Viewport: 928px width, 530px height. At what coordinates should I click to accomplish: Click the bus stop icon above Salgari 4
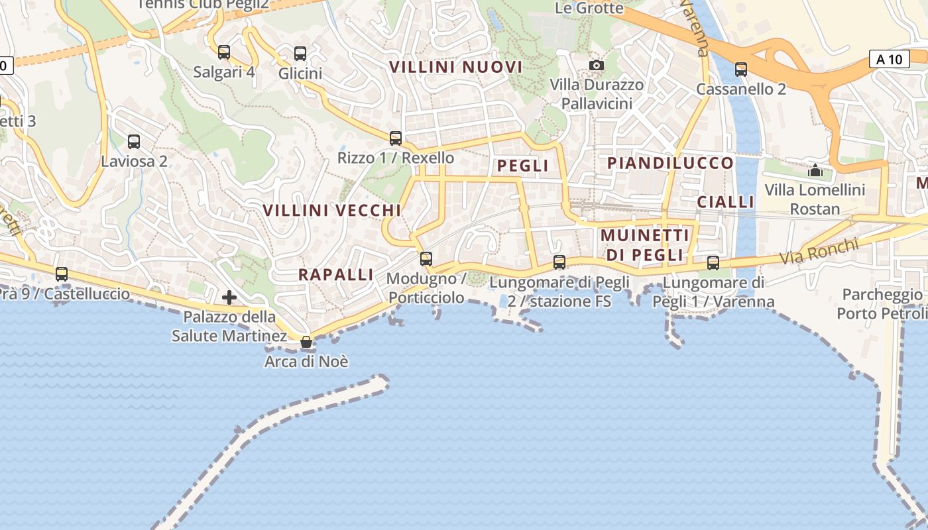tap(224, 52)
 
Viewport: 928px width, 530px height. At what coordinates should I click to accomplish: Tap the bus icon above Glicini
tap(300, 54)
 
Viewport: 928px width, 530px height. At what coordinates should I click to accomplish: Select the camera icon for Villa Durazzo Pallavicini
tap(597, 65)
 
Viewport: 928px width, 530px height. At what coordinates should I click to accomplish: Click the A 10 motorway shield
tap(889, 59)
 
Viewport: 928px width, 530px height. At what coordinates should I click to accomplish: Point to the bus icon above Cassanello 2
tap(741, 69)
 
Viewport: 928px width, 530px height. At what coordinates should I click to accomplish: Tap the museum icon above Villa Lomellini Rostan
tap(815, 170)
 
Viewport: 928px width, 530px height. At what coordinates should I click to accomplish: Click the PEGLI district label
tap(523, 166)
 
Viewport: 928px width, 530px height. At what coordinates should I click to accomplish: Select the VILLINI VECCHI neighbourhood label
tap(332, 210)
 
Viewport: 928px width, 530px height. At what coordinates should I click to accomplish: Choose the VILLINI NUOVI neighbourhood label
tap(456, 67)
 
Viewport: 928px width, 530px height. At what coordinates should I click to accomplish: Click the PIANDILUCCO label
tap(671, 163)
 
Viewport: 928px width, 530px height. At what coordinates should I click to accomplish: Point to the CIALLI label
tap(726, 202)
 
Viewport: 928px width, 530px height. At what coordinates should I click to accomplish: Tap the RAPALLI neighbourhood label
tap(336, 274)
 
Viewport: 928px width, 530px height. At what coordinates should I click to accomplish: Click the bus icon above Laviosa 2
tap(134, 141)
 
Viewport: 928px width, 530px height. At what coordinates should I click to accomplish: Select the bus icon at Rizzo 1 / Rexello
tap(396, 138)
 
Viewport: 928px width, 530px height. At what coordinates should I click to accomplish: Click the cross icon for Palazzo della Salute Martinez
tap(229, 297)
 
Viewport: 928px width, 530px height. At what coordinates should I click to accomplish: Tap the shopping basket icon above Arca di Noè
tap(306, 342)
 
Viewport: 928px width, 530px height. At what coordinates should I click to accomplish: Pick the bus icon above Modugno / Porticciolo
tap(426, 258)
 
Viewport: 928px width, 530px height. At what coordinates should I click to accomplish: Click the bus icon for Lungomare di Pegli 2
tap(559, 262)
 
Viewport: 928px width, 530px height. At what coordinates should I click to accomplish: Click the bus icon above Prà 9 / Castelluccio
tap(62, 274)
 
